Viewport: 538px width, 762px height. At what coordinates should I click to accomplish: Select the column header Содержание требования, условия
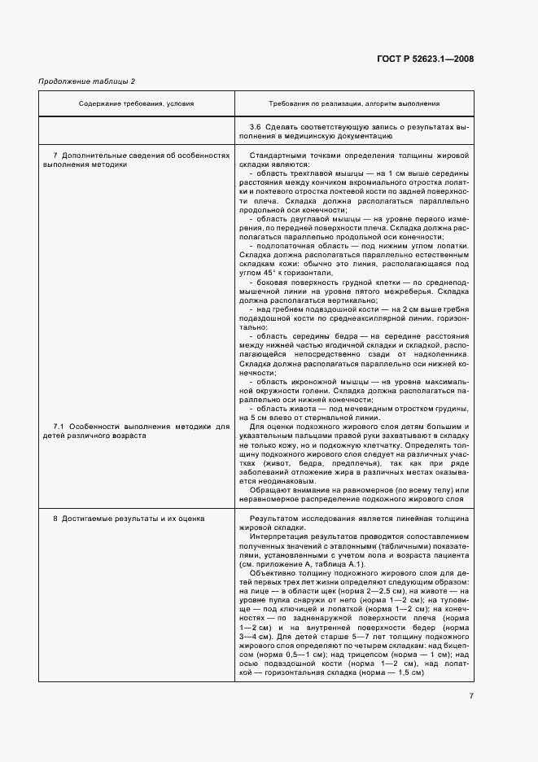[x=136, y=103]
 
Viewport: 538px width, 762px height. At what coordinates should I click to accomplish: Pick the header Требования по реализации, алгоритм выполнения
[x=354, y=103]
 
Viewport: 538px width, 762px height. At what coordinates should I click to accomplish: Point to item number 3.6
[x=255, y=128]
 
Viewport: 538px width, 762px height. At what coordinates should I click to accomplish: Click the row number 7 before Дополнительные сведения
[x=55, y=154]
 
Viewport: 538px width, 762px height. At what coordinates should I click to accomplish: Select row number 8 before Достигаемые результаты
[x=55, y=518]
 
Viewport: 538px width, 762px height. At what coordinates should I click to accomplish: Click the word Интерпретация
[x=281, y=537]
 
